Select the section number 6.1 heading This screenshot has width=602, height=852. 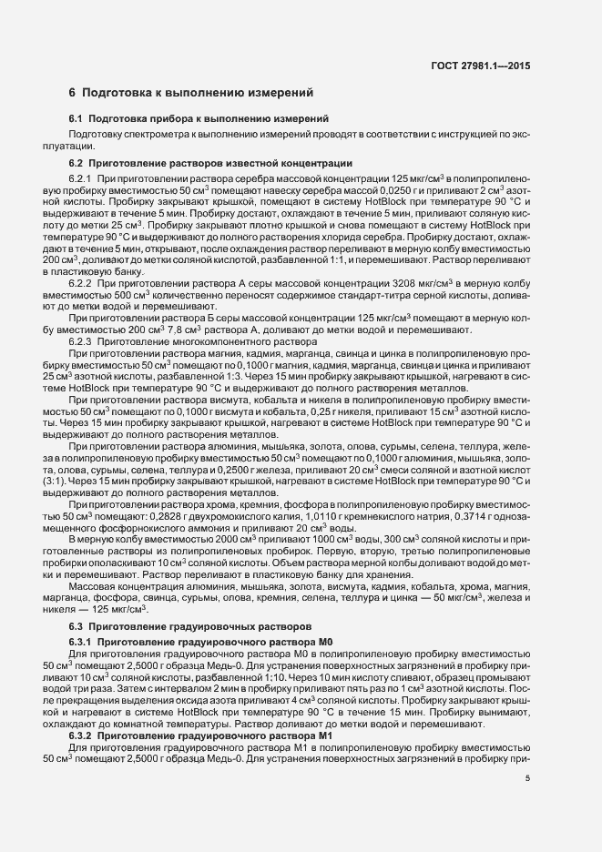76,120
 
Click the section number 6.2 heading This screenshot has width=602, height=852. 76,163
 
